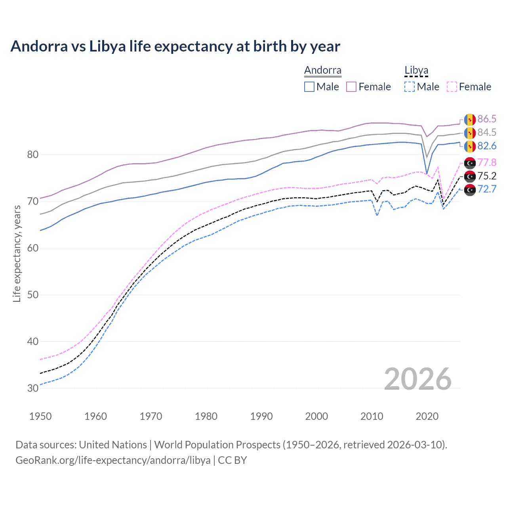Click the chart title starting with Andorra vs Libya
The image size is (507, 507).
pos(175,46)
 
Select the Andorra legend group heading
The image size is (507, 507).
pos(322,70)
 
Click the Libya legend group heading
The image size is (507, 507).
pos(416,70)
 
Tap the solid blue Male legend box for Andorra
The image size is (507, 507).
pos(309,87)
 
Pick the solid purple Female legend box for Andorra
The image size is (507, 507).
pos(351,87)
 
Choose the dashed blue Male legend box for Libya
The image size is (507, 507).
pos(410,87)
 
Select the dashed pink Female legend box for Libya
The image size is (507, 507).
pos(452,87)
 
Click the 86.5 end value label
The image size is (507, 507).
pos(486,119)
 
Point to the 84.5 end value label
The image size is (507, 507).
pos(486,132)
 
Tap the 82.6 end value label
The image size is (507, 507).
pos(486,146)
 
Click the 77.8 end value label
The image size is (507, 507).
pos(486,162)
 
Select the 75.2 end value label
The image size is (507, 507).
pos(486,176)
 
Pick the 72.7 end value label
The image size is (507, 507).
pos(486,189)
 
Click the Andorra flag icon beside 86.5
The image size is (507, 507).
pos(470,119)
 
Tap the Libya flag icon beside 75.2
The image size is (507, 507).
pos(470,176)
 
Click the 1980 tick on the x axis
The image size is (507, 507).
pos(206,416)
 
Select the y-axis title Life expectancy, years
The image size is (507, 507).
pos(17,253)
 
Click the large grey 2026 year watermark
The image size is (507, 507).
pos(417,379)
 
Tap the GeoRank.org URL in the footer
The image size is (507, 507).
pos(113,460)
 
